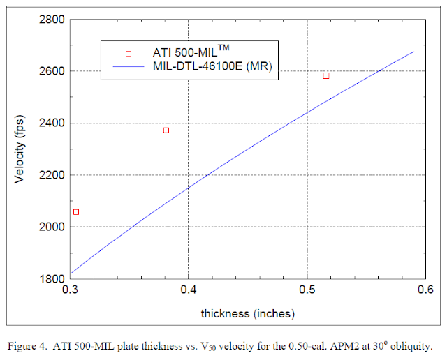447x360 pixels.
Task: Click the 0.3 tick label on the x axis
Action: tap(70, 290)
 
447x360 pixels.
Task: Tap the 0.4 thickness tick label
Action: tap(189, 290)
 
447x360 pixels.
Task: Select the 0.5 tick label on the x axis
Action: tap(307, 290)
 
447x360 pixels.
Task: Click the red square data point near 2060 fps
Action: tap(76, 212)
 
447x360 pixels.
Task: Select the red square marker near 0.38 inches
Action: tap(166, 130)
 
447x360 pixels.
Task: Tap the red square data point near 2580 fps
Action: tap(326, 75)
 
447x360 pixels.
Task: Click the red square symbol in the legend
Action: tap(128, 53)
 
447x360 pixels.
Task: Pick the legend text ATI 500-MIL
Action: tap(189, 52)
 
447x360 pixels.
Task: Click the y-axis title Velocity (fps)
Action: tap(20, 150)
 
